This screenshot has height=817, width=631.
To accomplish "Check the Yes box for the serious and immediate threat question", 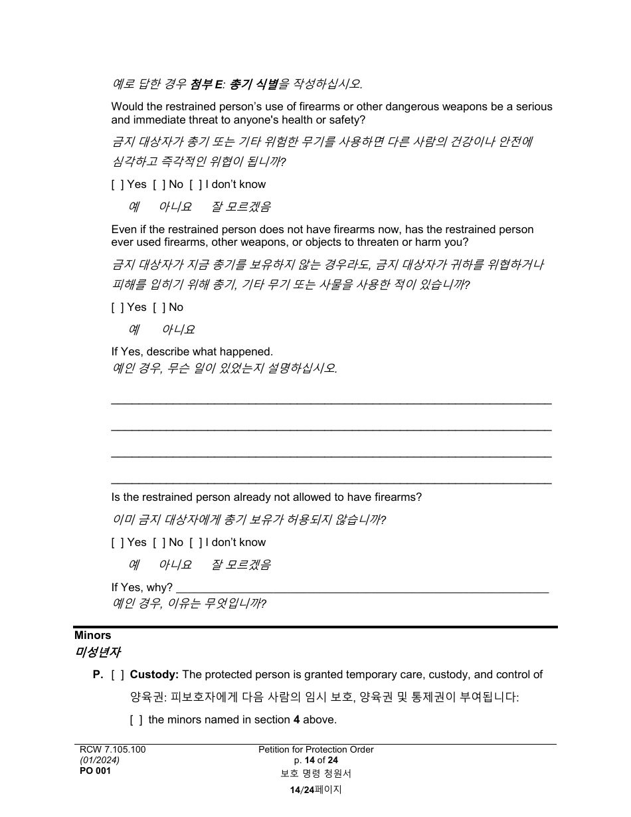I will click(117, 185).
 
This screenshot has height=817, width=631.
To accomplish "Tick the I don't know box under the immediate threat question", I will click(195, 185).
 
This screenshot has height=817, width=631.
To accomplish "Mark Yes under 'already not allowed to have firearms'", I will click(117, 543).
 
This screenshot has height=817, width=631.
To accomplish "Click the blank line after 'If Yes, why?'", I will click(362, 587).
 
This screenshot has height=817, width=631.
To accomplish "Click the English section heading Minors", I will click(92, 636).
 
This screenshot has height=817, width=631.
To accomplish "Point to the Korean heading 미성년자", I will click(97, 652).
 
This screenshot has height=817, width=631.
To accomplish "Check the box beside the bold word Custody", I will click(118, 675).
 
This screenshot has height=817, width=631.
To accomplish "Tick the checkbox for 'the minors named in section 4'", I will click(136, 720).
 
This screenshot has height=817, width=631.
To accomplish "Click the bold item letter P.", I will click(98, 675).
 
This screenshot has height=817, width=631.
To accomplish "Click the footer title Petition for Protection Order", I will click(315, 750).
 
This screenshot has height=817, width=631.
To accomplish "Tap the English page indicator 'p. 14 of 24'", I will click(315, 761).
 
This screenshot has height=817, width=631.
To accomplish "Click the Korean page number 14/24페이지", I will click(315, 790).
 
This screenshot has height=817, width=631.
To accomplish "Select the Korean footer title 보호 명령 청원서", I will click(315, 774).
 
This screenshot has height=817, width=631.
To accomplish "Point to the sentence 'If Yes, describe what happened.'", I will click(192, 352).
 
